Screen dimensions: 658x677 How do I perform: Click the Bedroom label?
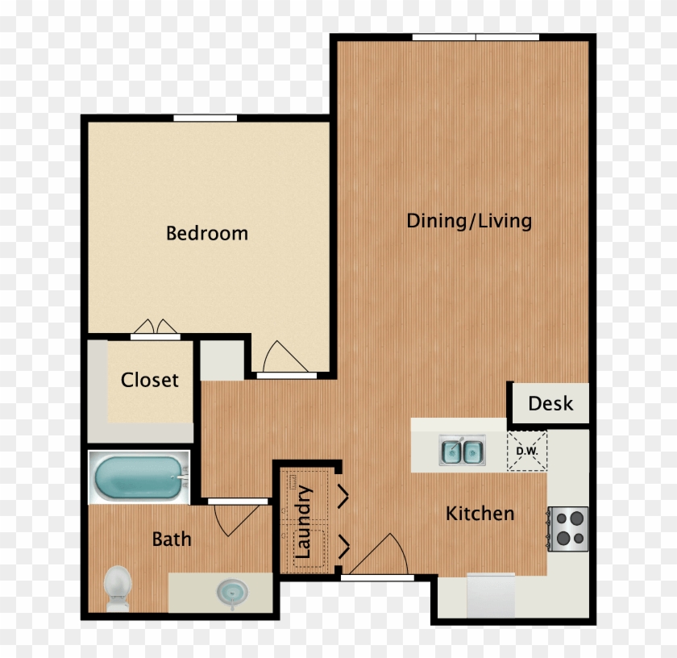[206, 234]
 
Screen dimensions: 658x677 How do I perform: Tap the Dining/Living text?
[468, 221]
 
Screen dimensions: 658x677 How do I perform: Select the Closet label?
[149, 380]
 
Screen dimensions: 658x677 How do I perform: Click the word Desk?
[550, 403]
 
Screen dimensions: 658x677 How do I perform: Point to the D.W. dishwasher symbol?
[528, 451]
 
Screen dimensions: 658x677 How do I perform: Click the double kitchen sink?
[462, 451]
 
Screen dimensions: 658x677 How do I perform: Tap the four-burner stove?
[569, 529]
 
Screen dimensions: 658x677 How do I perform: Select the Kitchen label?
[480, 513]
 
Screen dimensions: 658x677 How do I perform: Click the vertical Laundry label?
[304, 522]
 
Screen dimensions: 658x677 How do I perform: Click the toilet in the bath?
[118, 586]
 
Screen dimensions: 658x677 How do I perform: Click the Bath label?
[172, 539]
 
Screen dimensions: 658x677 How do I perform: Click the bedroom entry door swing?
[281, 358]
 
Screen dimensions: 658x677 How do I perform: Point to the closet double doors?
[156, 328]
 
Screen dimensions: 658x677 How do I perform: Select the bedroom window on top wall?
[205, 119]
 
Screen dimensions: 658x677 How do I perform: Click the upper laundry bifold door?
[343, 496]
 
